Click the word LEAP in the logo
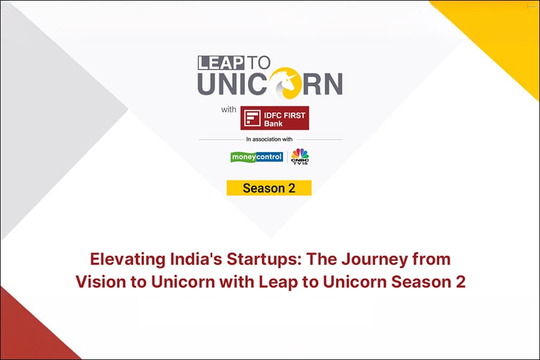click(x=221, y=62)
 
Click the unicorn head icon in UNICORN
click(x=285, y=83)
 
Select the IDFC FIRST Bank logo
click(x=274, y=118)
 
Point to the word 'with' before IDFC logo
click(x=229, y=110)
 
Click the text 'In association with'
click(x=269, y=139)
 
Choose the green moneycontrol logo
click(x=257, y=157)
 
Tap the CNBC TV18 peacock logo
click(x=300, y=157)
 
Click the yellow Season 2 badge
click(x=269, y=188)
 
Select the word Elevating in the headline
click(x=128, y=260)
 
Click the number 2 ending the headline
click(x=460, y=282)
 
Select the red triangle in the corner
click(x=28, y=331)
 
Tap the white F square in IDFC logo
click(x=252, y=118)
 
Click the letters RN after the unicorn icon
click(x=323, y=84)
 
